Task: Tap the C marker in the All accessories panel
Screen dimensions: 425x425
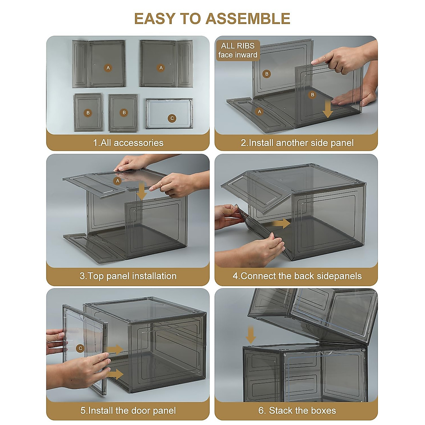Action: click(x=172, y=118)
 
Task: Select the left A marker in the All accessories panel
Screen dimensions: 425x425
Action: click(x=108, y=68)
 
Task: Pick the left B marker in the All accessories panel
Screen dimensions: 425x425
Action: click(x=88, y=113)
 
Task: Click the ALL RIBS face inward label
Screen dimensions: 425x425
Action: click(x=238, y=50)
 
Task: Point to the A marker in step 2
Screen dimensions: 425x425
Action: click(x=259, y=112)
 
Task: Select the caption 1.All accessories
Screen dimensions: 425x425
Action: click(x=128, y=143)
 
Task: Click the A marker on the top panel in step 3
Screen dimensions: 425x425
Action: click(x=118, y=181)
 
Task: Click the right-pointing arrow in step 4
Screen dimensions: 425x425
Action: click(x=280, y=223)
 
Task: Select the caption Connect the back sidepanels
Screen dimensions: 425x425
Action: click(x=301, y=276)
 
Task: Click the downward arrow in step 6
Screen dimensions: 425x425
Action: click(x=251, y=335)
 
